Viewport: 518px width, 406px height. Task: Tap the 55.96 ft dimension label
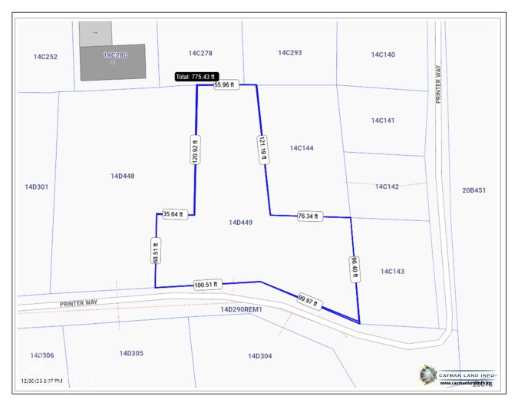[x=225, y=84]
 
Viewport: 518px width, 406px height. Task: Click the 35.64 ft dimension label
[x=173, y=214]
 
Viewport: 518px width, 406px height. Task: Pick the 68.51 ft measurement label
[x=155, y=251]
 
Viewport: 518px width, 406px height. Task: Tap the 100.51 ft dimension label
[x=206, y=284]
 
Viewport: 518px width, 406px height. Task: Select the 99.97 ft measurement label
[x=307, y=300]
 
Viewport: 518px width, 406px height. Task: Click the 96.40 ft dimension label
[x=355, y=269]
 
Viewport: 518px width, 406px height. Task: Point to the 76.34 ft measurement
[x=308, y=216]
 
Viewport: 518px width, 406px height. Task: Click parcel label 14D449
[x=241, y=223]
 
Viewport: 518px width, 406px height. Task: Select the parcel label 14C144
[x=302, y=147]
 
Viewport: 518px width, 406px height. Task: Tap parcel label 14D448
[x=122, y=176]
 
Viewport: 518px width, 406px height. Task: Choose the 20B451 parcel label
[x=473, y=190]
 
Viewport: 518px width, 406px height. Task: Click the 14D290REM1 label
[x=241, y=309]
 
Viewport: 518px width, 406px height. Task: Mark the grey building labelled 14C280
[x=113, y=61]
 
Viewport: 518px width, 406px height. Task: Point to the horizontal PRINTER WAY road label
[x=79, y=303]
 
